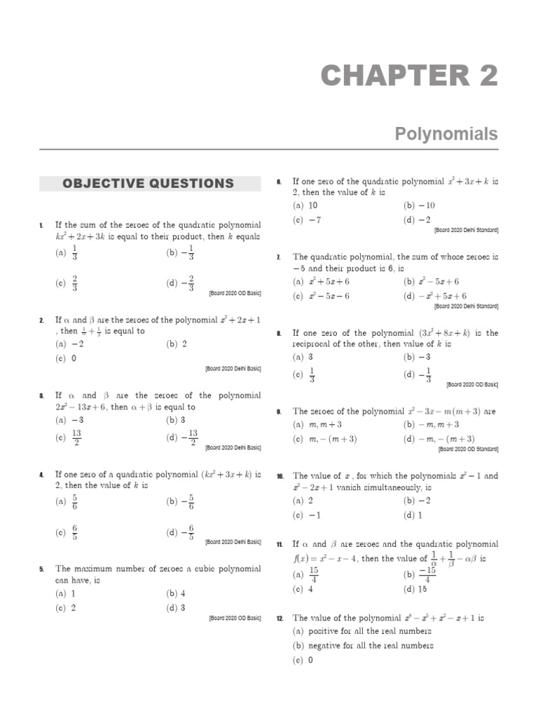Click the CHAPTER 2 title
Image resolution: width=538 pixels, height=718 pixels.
(409, 76)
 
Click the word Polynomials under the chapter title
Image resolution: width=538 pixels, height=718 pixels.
(446, 134)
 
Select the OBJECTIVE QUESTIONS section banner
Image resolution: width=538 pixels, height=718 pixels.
(148, 184)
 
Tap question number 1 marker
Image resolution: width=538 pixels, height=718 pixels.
(41, 225)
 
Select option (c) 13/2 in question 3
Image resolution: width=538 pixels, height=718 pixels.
(69, 438)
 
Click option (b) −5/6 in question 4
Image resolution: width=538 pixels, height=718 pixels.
(180, 502)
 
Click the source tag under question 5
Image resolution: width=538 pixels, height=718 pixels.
(234, 618)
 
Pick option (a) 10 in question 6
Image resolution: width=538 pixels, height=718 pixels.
(305, 205)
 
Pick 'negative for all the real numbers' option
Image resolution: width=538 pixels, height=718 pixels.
(363, 646)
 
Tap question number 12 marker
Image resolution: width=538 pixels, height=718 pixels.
(280, 619)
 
